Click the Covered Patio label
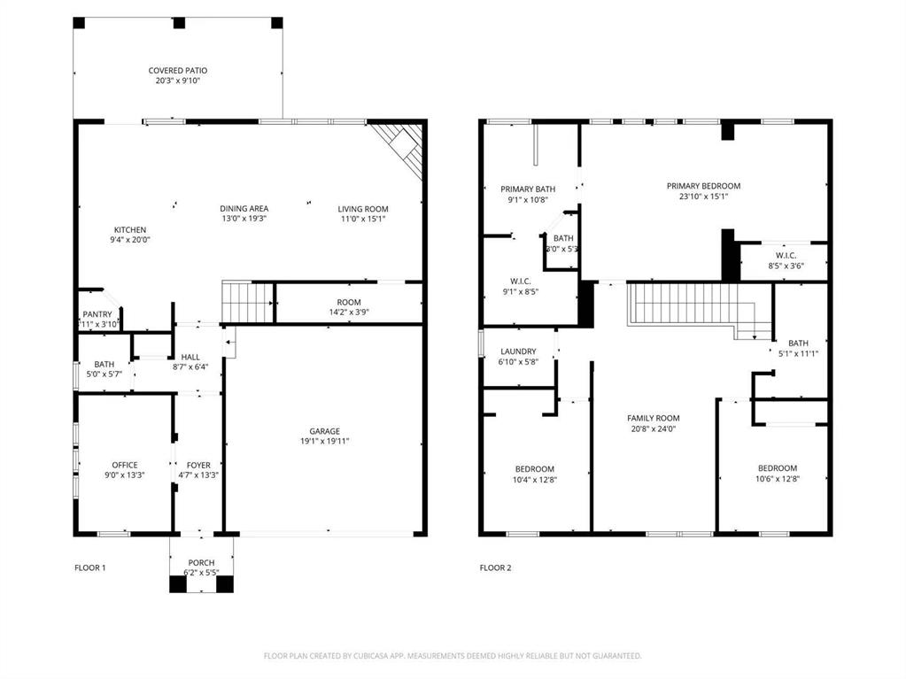(178, 71)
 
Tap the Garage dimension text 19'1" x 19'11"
(324, 441)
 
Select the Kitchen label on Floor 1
(129, 230)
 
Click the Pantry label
(97, 314)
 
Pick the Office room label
(125, 465)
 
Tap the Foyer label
(198, 465)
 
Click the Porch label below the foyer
(201, 563)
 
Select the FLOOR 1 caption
(89, 567)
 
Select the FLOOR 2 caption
(495, 567)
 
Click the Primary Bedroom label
(703, 186)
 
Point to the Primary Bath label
(528, 189)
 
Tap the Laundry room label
(518, 351)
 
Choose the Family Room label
(653, 418)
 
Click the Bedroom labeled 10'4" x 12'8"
(535, 469)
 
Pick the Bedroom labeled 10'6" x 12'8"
(777, 468)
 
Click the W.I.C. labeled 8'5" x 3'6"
(786, 255)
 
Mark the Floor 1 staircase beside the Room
(247, 303)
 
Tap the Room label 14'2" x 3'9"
(349, 302)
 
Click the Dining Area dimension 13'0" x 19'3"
(244, 219)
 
